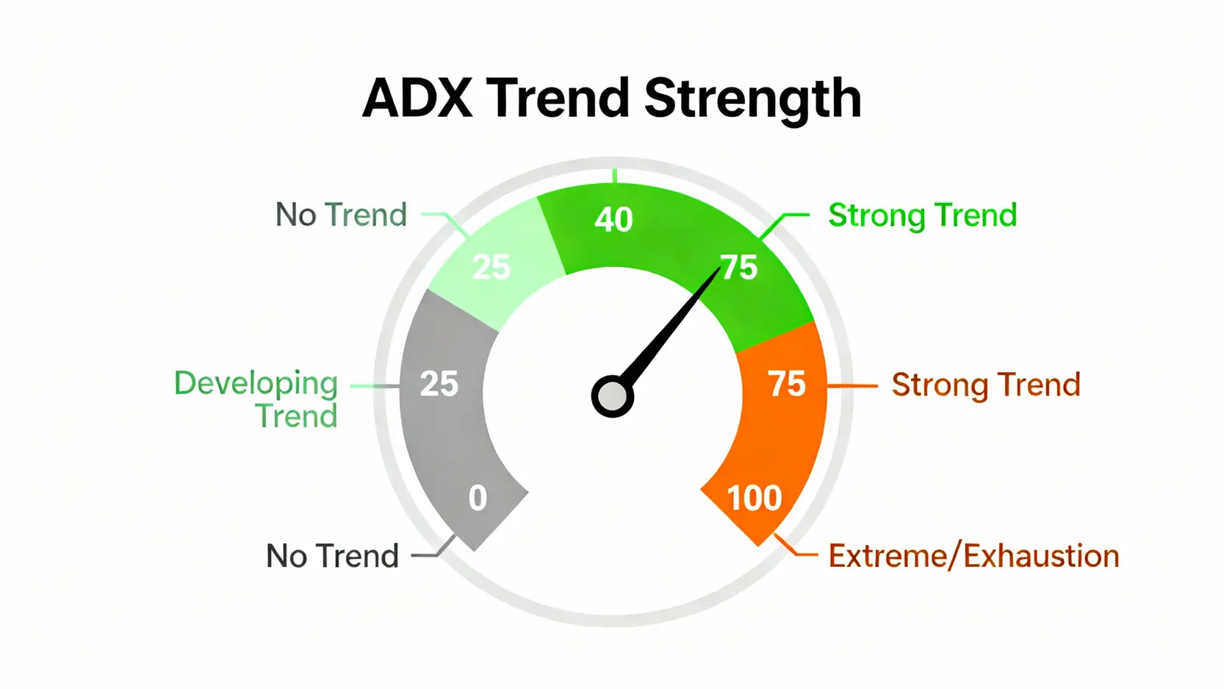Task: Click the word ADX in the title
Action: pyautogui.click(x=417, y=98)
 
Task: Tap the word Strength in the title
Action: pyautogui.click(x=752, y=99)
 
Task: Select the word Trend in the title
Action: pyautogui.click(x=558, y=98)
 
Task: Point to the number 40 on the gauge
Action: pyautogui.click(x=613, y=219)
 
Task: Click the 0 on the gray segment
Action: pyautogui.click(x=478, y=498)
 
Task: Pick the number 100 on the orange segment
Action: pyautogui.click(x=754, y=498)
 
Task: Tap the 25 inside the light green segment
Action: pyautogui.click(x=491, y=267)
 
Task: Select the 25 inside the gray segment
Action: pyautogui.click(x=439, y=384)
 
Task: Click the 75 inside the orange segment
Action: pyautogui.click(x=787, y=384)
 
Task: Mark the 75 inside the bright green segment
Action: pyautogui.click(x=739, y=267)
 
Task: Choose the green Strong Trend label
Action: pyautogui.click(x=922, y=215)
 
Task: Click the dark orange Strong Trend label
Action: pyautogui.click(x=985, y=385)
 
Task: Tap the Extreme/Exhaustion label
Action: pyautogui.click(x=973, y=556)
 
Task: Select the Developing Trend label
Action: pyautogui.click(x=257, y=399)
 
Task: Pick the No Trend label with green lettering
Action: pyautogui.click(x=341, y=215)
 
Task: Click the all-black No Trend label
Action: pyautogui.click(x=332, y=556)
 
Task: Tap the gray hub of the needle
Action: pyautogui.click(x=612, y=397)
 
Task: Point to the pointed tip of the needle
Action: pyautogui.click(x=718, y=269)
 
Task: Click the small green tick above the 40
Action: pyautogui.click(x=614, y=176)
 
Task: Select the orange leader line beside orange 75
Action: pyautogui.click(x=852, y=385)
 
